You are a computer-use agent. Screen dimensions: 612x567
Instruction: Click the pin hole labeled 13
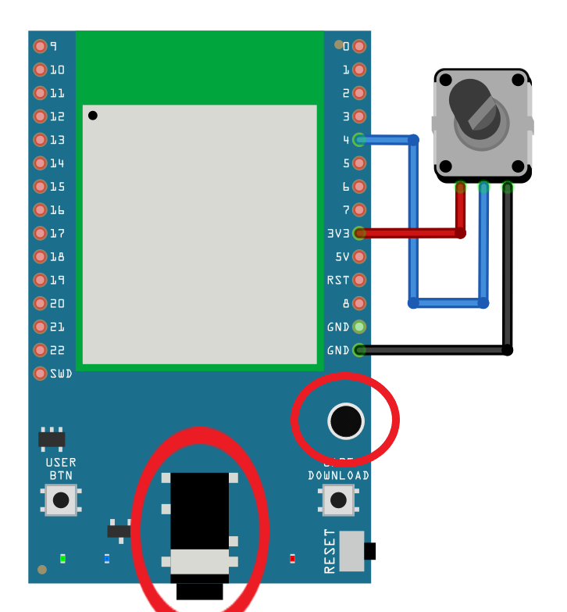40,140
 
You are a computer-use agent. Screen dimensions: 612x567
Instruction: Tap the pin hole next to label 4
359,140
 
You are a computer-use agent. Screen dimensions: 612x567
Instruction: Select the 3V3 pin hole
359,233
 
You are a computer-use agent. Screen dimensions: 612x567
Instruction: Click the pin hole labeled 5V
359,256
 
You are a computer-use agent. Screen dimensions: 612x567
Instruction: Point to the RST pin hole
359,280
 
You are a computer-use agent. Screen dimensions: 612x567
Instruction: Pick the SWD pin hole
40,374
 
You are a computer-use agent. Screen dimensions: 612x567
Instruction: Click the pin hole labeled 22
40,350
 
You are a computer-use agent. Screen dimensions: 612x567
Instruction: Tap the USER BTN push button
60,500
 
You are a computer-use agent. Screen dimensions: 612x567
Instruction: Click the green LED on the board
62,558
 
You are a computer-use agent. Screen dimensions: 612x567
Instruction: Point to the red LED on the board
293,558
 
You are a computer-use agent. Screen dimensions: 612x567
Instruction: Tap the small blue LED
107,558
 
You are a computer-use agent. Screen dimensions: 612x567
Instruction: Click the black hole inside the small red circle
345,421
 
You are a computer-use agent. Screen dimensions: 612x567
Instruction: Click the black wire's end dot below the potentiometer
508,350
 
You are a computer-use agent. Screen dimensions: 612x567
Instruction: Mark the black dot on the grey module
93,116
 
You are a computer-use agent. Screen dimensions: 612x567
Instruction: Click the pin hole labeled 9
40,46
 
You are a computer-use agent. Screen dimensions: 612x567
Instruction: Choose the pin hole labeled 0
359,46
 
